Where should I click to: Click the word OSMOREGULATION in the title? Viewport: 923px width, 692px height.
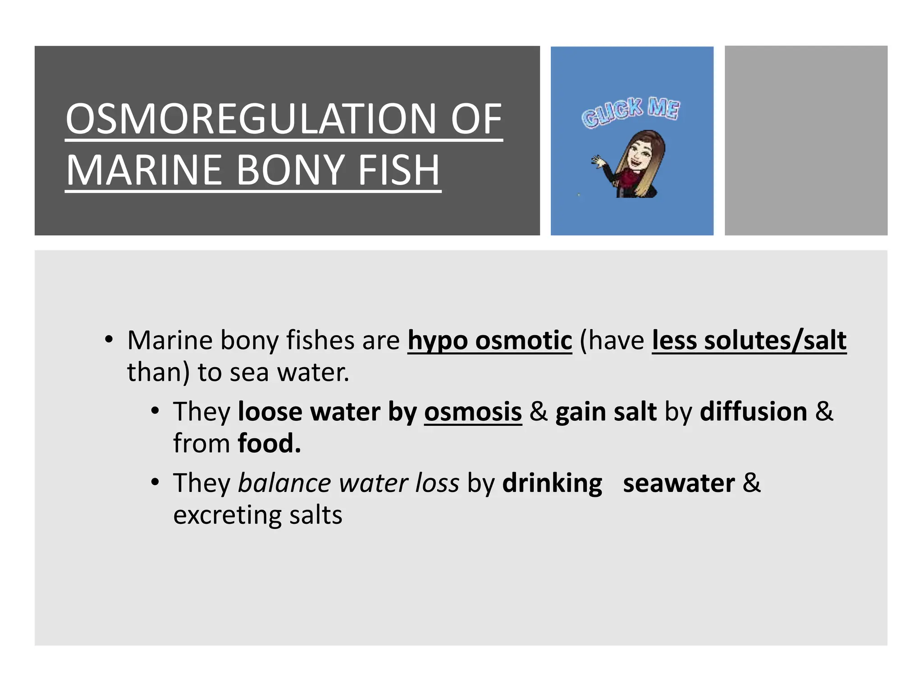pos(251,119)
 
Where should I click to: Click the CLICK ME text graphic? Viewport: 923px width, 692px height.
pos(631,111)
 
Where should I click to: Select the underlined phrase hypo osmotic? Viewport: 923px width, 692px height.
pos(489,341)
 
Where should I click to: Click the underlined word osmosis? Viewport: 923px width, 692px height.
pos(473,412)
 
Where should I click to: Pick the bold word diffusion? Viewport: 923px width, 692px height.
pos(753,412)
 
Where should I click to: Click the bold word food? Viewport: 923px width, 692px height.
pos(269,443)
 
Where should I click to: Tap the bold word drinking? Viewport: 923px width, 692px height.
pos(552,484)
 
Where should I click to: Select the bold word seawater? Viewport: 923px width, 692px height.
pos(679,484)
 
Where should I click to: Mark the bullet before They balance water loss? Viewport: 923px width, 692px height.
pos(155,482)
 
